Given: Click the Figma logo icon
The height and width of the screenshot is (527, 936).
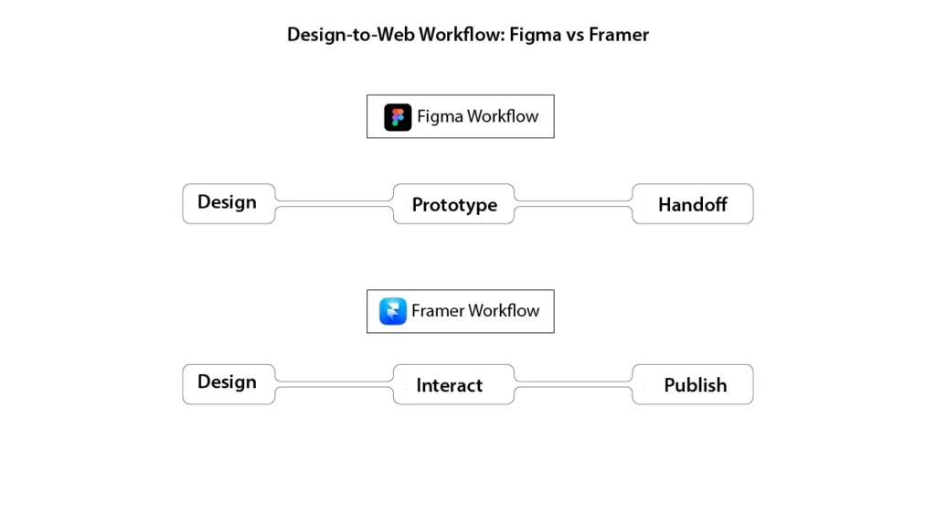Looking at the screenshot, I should (398, 117).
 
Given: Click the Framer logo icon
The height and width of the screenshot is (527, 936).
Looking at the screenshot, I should (393, 311).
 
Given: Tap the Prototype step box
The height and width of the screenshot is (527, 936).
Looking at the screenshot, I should (454, 204).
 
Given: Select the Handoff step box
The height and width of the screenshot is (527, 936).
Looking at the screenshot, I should (693, 204).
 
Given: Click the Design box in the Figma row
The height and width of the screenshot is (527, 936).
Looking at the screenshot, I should (229, 203).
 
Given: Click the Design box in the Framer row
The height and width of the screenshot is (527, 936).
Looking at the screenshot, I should (229, 383).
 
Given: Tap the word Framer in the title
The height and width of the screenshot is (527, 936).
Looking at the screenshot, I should (619, 36).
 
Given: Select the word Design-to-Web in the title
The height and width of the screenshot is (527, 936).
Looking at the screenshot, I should (350, 36).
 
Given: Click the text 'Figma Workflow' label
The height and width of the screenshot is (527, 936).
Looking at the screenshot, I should (477, 117).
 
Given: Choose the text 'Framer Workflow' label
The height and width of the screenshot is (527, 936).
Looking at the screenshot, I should (475, 311).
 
